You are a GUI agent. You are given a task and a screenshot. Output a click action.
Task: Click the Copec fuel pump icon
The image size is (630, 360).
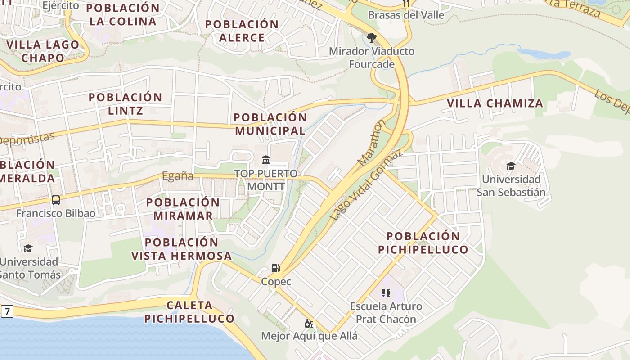tap(275, 268)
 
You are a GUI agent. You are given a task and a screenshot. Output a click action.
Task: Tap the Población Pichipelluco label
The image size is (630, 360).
tap(423, 243)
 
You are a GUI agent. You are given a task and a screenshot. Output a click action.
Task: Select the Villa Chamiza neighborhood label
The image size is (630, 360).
tap(495, 103)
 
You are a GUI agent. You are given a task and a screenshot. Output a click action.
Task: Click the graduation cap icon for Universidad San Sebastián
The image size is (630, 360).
tap(511, 166)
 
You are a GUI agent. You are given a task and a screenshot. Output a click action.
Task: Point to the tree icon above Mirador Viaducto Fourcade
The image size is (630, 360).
tap(371, 37)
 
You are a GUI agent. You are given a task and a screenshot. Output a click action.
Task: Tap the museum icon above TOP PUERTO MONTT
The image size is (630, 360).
tap(266, 160)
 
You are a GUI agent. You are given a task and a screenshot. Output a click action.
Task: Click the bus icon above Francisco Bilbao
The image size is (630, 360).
tap(56, 200)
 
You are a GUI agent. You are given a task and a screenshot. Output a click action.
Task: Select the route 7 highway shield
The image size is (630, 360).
tap(7, 311)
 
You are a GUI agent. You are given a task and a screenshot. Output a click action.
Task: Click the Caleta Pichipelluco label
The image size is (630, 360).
tap(189, 312)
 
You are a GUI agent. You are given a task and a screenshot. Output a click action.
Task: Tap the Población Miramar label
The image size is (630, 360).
tap(183, 209)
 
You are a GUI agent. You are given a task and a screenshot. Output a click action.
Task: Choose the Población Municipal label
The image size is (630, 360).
tap(270, 124)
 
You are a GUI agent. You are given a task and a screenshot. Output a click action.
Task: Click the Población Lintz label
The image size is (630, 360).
tap(125, 104)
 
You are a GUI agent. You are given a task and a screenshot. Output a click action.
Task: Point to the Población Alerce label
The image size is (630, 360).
tap(242, 31)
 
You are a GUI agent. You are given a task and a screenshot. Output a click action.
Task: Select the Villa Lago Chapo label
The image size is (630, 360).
tap(43, 51)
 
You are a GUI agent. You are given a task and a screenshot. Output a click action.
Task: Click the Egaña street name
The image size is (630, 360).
tap(178, 176)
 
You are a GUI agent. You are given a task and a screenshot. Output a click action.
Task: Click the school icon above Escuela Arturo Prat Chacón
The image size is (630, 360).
tap(386, 293)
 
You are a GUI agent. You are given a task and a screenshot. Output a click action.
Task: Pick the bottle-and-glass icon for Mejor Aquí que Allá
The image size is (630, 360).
tap(309, 323)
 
